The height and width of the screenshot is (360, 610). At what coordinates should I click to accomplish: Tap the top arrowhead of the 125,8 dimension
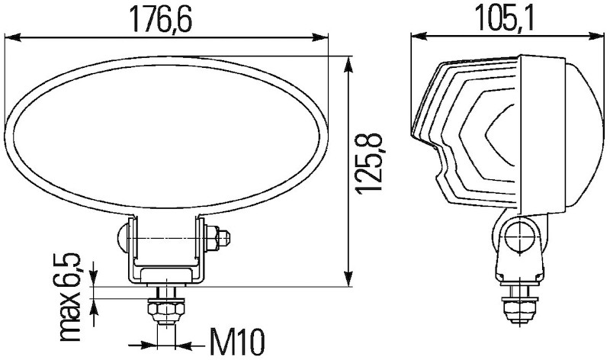[x=349, y=63]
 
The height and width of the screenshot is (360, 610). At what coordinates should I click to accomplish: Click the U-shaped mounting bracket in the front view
[x=168, y=259]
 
